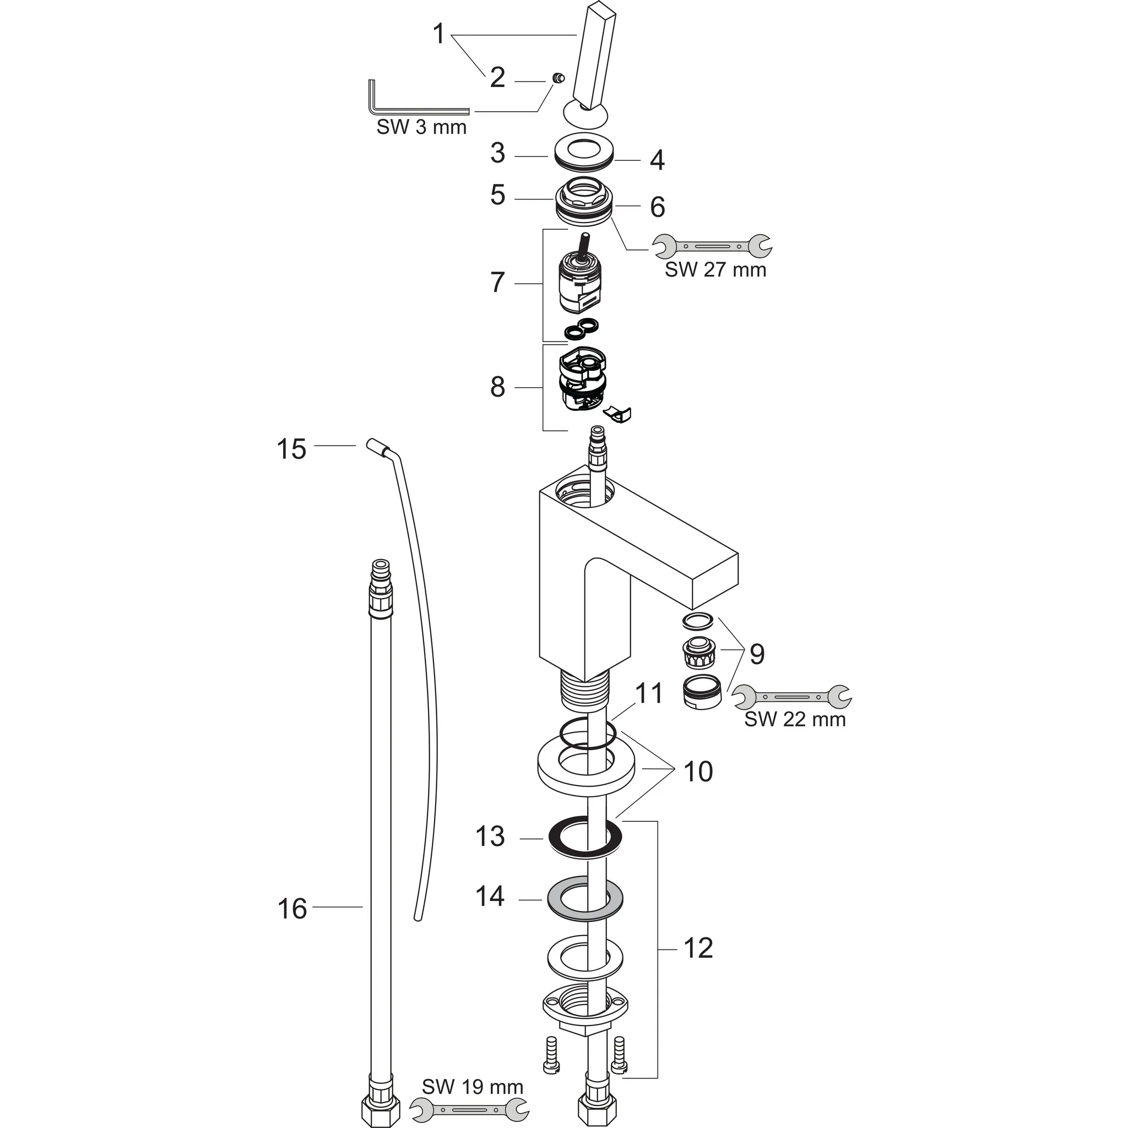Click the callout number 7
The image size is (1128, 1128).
pyautogui.click(x=497, y=283)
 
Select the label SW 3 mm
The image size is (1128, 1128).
pyautogui.click(x=421, y=127)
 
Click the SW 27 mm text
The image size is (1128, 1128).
pyautogui.click(x=715, y=270)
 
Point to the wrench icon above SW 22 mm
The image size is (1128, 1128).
pyautogui.click(x=791, y=697)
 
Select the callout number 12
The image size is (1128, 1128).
pyautogui.click(x=698, y=948)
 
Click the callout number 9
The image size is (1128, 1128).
pyautogui.click(x=757, y=654)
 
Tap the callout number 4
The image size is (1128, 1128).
pyautogui.click(x=657, y=161)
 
